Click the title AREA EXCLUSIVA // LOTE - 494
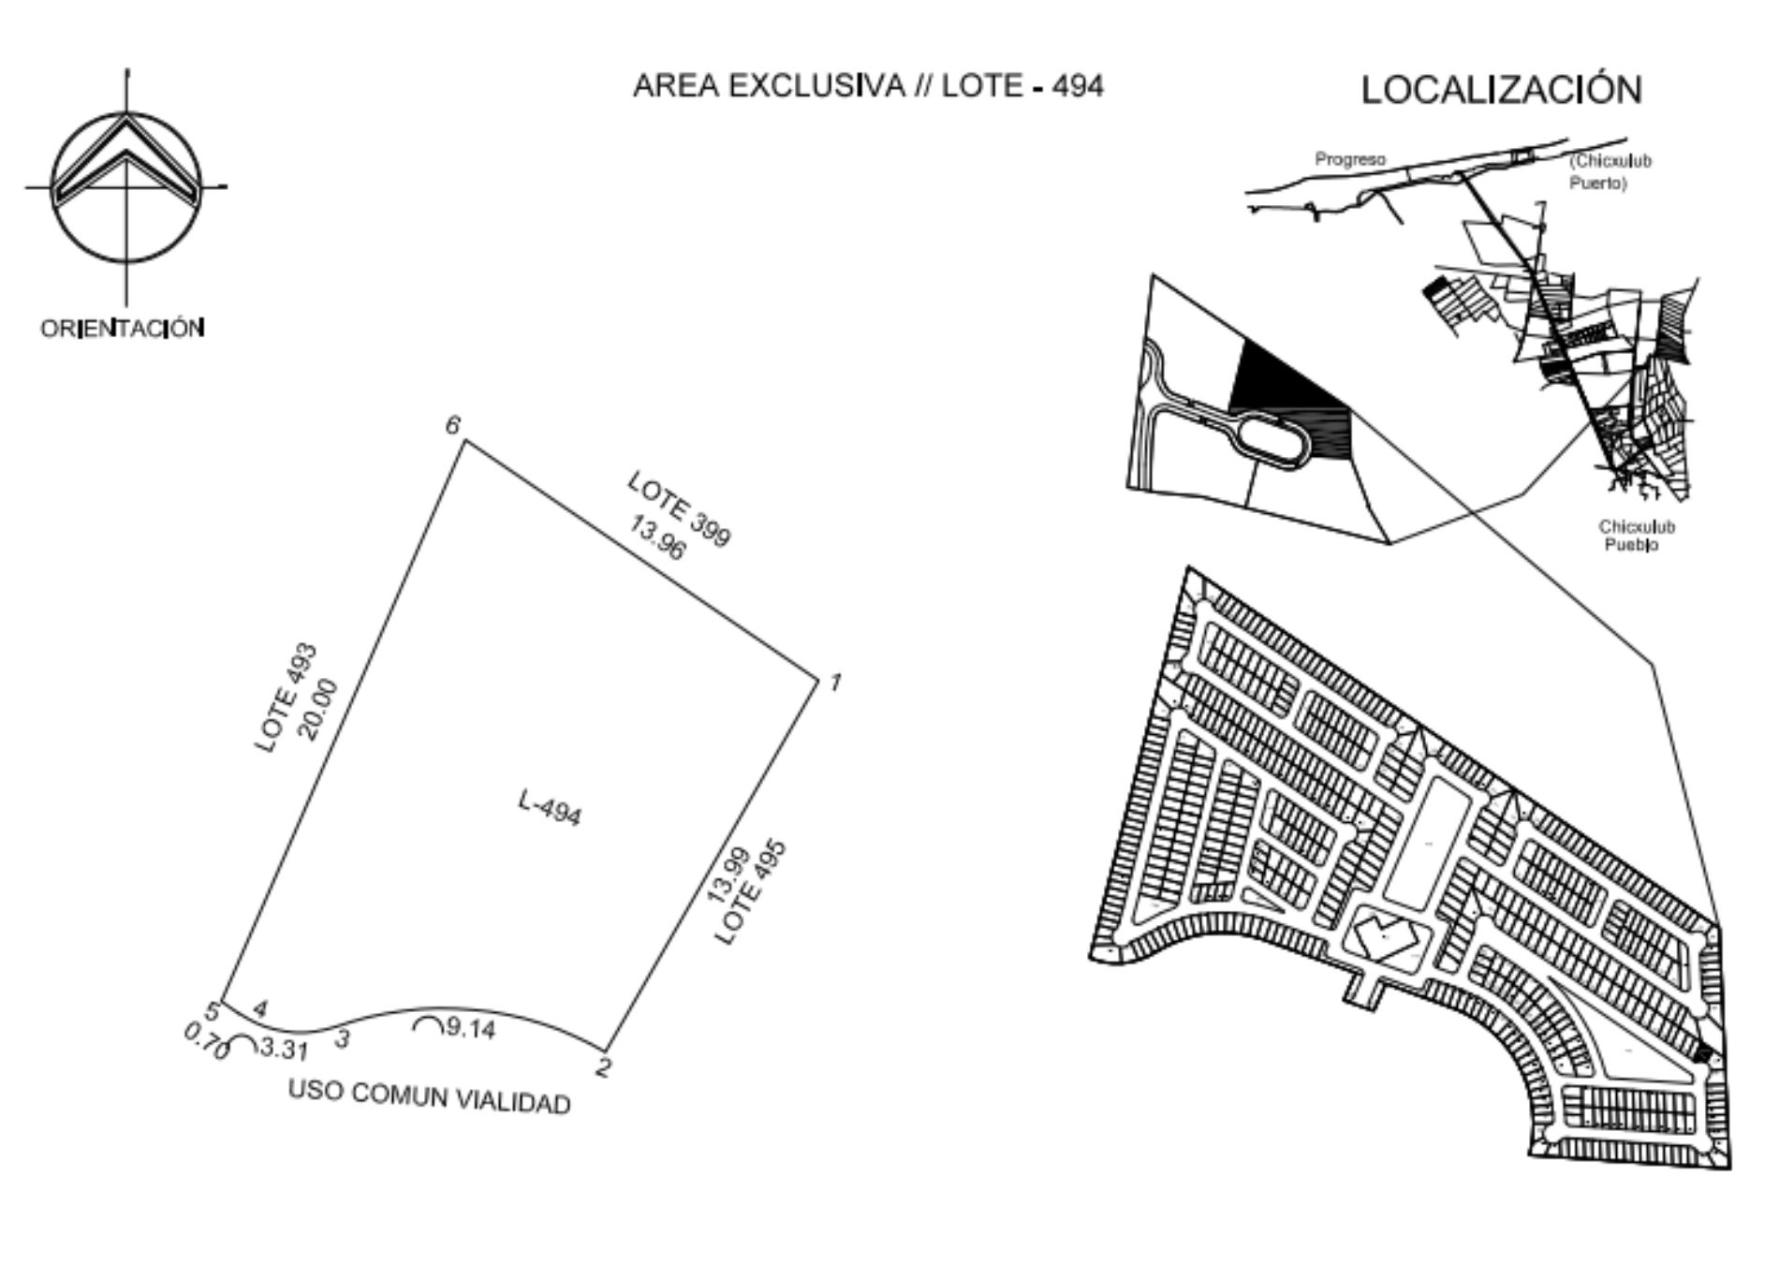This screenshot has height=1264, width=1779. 868,86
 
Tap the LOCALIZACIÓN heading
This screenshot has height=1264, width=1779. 1501,90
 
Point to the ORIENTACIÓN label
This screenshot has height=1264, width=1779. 123,329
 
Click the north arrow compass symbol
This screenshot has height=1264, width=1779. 126,186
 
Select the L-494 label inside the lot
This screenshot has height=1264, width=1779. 551,808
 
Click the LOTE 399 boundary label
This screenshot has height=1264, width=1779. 679,508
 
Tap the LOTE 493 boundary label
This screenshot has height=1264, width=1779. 287,698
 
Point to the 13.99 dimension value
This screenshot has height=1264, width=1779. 727,875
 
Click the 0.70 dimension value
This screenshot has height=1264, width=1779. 206,1041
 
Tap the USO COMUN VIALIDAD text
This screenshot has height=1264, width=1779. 430,1097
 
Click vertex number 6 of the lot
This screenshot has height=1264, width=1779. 453,425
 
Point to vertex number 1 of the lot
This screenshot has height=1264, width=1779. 835,682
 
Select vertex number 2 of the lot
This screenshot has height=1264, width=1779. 604,1066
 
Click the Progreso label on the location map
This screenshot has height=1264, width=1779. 1350,159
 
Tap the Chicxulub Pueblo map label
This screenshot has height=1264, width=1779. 1637,536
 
